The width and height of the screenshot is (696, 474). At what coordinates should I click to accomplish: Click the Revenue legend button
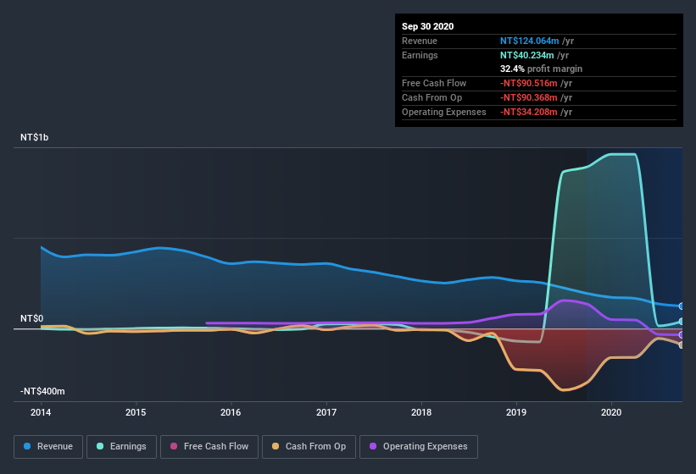coord(48,446)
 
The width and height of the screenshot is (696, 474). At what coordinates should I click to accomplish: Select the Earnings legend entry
coord(121,446)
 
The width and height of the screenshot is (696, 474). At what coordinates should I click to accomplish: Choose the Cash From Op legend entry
coord(308,446)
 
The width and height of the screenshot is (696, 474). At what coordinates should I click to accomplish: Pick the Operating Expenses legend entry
coord(419,446)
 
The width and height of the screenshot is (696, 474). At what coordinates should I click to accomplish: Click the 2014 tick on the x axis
coord(41,413)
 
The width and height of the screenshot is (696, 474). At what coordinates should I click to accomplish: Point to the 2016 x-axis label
coord(231,413)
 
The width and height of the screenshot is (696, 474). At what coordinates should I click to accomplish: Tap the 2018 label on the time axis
coord(421,413)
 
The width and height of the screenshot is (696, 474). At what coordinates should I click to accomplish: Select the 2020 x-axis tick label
coord(612,413)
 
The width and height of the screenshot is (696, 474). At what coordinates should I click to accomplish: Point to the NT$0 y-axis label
coord(32,318)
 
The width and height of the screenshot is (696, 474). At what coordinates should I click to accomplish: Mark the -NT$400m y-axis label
coord(42,391)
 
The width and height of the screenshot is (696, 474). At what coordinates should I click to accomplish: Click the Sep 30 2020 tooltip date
coord(427,26)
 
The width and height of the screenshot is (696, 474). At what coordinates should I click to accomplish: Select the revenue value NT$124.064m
coord(529,41)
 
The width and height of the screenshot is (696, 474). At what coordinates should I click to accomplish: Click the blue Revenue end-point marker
coord(682,306)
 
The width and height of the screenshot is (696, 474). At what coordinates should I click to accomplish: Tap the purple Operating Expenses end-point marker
coord(682,334)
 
